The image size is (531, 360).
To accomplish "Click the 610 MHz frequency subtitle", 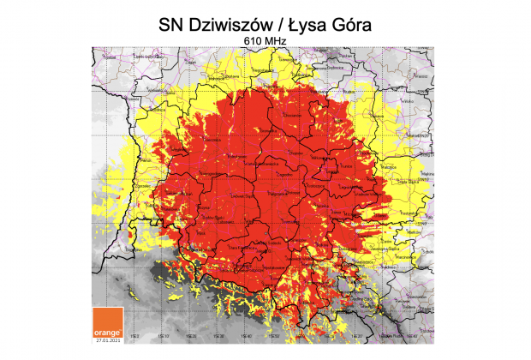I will (265, 42).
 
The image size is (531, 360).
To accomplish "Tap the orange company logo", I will (109, 323).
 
